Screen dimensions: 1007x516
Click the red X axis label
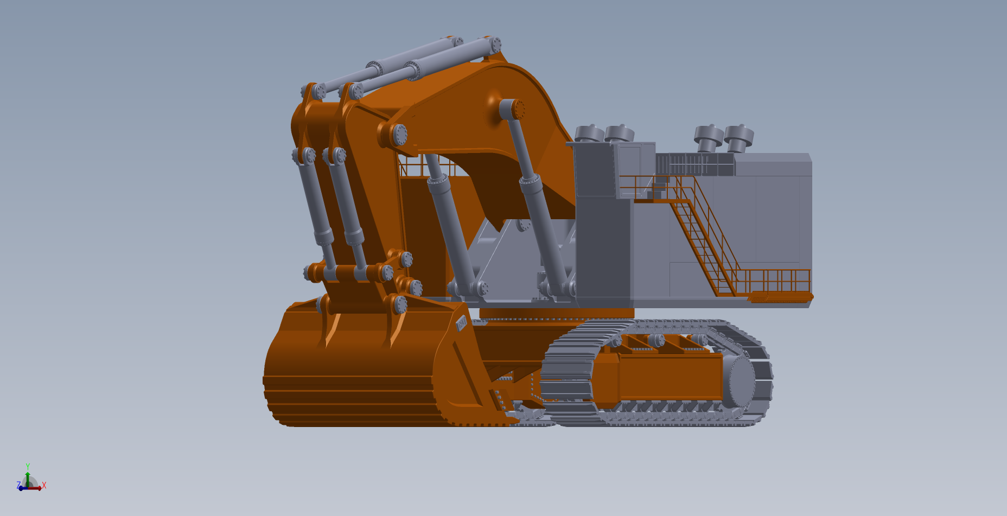(x=44, y=485)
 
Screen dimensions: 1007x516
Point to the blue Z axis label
(x=18, y=485)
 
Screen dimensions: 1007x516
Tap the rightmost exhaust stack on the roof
(x=738, y=138)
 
